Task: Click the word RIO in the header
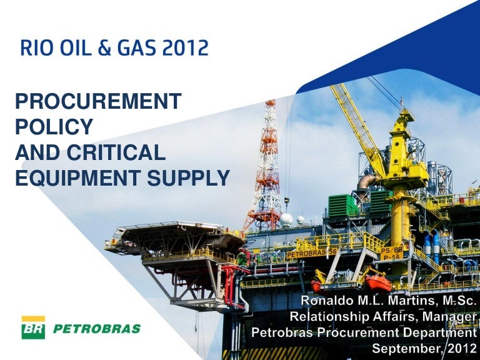point(34,48)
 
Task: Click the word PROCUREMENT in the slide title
point(98,101)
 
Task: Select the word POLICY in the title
point(53,127)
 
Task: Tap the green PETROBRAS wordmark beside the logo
point(95,329)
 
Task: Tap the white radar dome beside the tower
point(286,219)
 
